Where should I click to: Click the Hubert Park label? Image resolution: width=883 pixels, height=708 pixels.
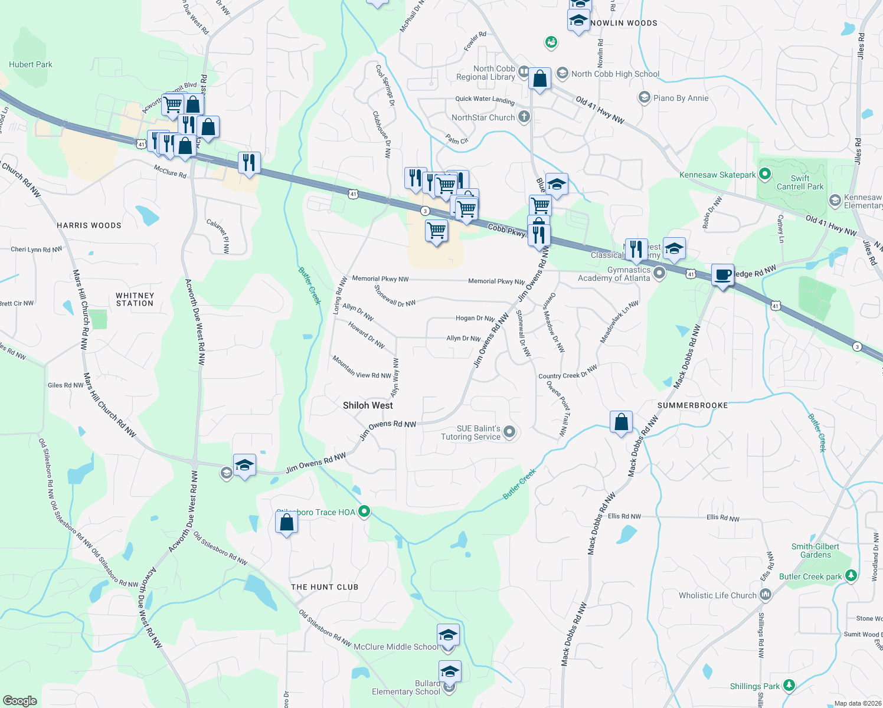pyautogui.click(x=31, y=64)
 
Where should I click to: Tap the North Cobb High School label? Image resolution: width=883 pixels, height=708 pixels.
pyautogui.click(x=615, y=74)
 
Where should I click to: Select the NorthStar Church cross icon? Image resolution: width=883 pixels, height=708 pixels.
pyautogui.click(x=524, y=117)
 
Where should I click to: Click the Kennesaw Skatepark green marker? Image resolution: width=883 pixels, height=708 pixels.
pyautogui.click(x=765, y=174)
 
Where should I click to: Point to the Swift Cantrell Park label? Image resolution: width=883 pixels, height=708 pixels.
pyautogui.click(x=800, y=182)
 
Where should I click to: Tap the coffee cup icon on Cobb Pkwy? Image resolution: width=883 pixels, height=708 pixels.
pyautogui.click(x=722, y=275)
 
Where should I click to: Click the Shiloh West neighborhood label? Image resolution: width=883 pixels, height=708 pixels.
pyautogui.click(x=368, y=405)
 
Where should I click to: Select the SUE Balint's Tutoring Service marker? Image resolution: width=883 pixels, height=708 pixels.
pyautogui.click(x=510, y=432)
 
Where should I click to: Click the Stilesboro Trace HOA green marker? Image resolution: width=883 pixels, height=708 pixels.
pyautogui.click(x=364, y=512)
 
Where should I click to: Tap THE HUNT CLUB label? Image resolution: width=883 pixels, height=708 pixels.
pyautogui.click(x=325, y=587)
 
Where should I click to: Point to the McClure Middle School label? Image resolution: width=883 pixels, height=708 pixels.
pyautogui.click(x=395, y=647)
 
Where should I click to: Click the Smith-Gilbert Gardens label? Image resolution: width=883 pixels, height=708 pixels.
pyautogui.click(x=815, y=550)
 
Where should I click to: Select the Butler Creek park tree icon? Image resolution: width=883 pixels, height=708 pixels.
pyautogui.click(x=851, y=576)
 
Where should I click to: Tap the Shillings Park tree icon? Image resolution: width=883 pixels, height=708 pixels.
pyautogui.click(x=789, y=686)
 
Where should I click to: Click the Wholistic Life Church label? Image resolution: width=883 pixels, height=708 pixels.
pyautogui.click(x=717, y=595)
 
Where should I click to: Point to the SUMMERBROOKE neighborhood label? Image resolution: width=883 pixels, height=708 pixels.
pyautogui.click(x=692, y=405)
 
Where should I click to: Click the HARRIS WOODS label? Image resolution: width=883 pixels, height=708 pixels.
pyautogui.click(x=89, y=225)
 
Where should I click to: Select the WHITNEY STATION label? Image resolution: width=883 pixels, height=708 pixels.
pyautogui.click(x=135, y=299)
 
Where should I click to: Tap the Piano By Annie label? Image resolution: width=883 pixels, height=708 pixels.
pyautogui.click(x=681, y=98)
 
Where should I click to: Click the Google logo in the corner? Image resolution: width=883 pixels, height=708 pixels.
pyautogui.click(x=20, y=700)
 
